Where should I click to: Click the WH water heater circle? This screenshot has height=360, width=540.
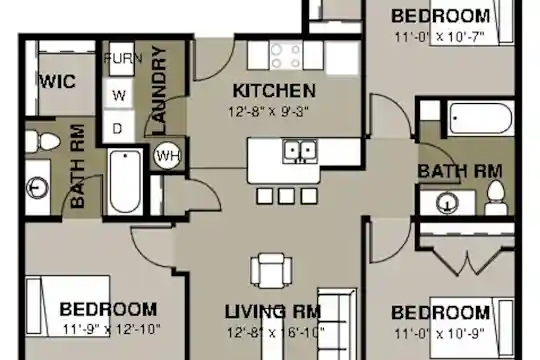click(x=167, y=156)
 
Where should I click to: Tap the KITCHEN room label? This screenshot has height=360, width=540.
click(x=274, y=91)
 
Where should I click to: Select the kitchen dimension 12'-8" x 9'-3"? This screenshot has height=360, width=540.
click(x=268, y=112)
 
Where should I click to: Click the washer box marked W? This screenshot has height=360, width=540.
click(x=119, y=94)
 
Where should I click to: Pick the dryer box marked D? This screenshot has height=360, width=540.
click(x=118, y=128)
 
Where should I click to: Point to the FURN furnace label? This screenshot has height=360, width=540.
click(x=123, y=58)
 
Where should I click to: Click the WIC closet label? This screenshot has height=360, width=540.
click(x=58, y=81)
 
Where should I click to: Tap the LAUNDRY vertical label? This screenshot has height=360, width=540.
click(x=159, y=90)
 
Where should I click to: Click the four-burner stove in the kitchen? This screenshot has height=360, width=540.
click(x=285, y=55)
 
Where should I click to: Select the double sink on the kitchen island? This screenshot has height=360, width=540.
click(x=300, y=151)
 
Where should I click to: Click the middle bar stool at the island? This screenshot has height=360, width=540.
click(x=287, y=196)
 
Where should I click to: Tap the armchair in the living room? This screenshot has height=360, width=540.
click(x=271, y=271)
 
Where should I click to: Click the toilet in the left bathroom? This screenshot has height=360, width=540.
click(x=43, y=141)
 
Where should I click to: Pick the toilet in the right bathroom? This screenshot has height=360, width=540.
click(x=496, y=198)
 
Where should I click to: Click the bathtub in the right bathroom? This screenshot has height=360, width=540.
click(x=481, y=119)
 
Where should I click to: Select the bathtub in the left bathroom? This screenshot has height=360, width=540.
click(x=125, y=182)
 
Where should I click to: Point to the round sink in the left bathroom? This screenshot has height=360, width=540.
click(x=38, y=187)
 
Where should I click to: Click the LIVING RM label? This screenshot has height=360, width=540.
click(x=273, y=312)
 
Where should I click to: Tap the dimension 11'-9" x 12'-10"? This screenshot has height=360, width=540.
click(x=112, y=329)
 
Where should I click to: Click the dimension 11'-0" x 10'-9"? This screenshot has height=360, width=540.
click(x=439, y=333)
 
